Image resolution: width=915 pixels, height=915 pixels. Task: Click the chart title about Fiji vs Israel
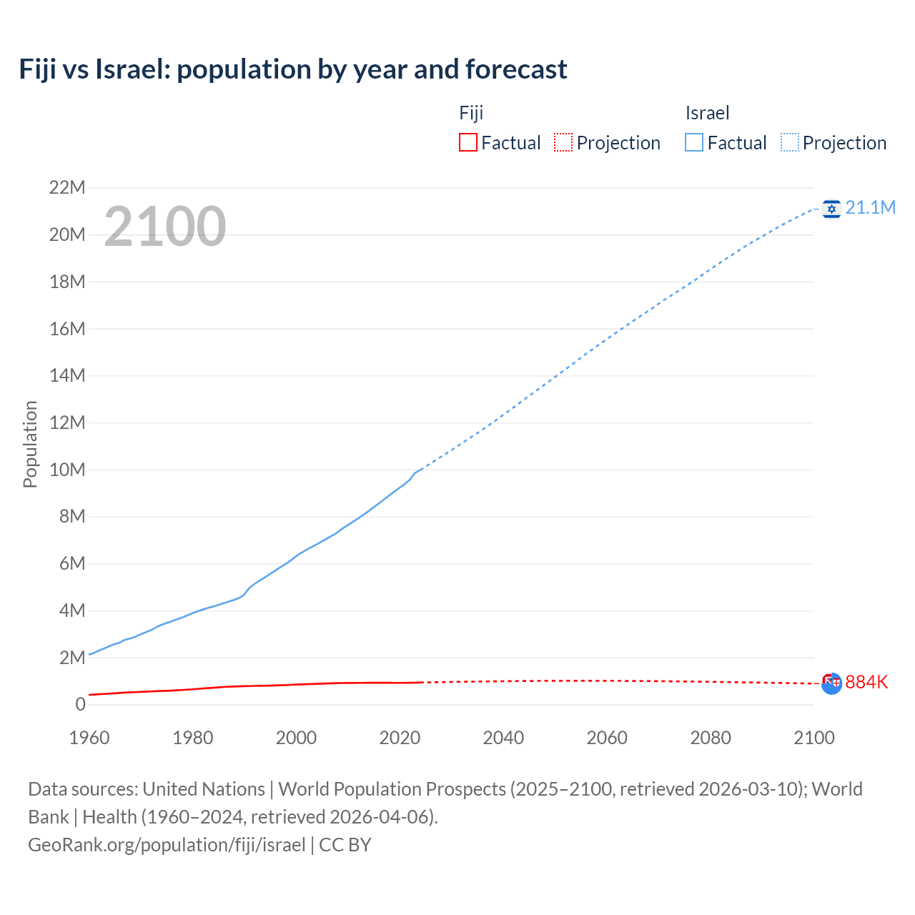click(x=293, y=69)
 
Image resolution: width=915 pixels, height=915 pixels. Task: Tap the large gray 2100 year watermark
click(x=165, y=227)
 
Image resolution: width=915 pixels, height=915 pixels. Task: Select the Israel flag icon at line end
click(x=831, y=208)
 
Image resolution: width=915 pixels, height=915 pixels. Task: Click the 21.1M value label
click(x=870, y=207)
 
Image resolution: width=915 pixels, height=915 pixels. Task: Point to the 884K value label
click(x=866, y=682)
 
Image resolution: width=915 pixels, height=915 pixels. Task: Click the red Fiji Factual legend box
click(x=468, y=142)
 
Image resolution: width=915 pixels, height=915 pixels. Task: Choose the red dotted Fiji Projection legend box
click(x=563, y=142)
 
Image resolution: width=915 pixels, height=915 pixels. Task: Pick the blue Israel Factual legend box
click(x=693, y=142)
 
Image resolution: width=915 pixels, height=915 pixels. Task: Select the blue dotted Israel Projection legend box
click(x=789, y=142)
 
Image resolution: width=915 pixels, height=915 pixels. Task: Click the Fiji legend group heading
click(x=471, y=113)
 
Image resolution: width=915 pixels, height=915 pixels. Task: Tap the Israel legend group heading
click(x=707, y=113)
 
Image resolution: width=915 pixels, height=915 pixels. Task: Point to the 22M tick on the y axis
click(x=66, y=187)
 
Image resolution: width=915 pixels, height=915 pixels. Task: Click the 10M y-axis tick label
click(x=66, y=470)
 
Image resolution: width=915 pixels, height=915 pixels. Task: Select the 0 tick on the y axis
click(x=80, y=704)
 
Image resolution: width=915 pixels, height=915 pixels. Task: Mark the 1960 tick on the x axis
click(x=89, y=738)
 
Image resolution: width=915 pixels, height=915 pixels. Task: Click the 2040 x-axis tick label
click(x=503, y=738)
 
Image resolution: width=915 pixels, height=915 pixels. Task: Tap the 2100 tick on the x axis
click(x=813, y=738)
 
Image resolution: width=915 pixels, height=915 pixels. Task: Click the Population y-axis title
click(x=30, y=444)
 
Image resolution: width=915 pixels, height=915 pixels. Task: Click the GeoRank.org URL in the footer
click(x=167, y=845)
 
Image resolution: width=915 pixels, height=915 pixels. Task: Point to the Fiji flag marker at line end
click(x=831, y=683)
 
